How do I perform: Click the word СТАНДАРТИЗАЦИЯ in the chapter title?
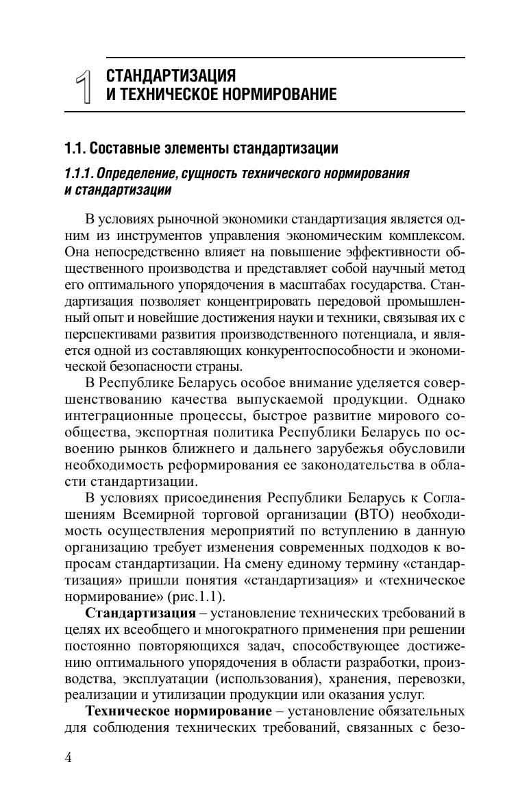point(171,75)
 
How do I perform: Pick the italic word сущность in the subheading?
point(203,173)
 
